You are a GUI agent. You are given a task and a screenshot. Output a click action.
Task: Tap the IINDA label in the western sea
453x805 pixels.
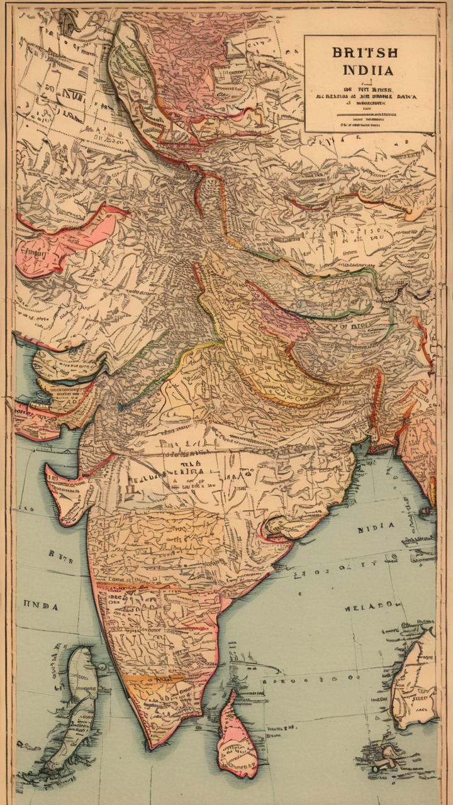41,607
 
